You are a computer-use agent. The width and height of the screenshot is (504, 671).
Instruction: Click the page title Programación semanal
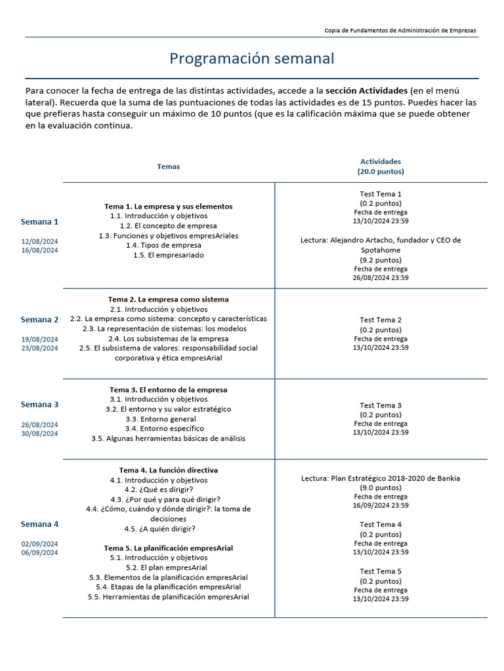tap(252, 58)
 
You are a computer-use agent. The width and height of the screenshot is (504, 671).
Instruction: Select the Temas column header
tap(168, 166)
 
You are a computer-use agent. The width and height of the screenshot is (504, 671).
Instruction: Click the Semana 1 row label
tap(39, 221)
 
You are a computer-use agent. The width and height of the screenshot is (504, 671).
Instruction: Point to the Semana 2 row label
tap(39, 320)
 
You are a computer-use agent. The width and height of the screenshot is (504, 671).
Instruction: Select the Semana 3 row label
tap(39, 404)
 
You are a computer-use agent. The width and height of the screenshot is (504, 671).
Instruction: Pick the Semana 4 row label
tap(39, 524)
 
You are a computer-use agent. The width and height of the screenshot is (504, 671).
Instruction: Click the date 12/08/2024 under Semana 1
tap(39, 242)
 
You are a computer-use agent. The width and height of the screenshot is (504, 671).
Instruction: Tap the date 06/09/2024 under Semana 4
tap(39, 552)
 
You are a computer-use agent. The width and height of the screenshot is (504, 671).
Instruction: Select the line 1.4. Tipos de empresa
tap(163, 245)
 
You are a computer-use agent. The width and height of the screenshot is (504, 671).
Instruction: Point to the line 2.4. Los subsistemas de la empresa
tap(168, 339)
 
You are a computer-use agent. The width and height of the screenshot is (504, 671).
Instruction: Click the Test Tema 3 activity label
tap(381, 405)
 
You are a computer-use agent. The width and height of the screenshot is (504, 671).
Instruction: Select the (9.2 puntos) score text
tap(381, 259)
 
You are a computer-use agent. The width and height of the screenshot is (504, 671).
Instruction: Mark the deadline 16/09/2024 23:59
tap(381, 505)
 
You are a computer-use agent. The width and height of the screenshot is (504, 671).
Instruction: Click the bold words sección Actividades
tap(365, 90)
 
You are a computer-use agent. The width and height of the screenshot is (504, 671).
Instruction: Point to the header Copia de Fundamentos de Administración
tap(400, 30)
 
